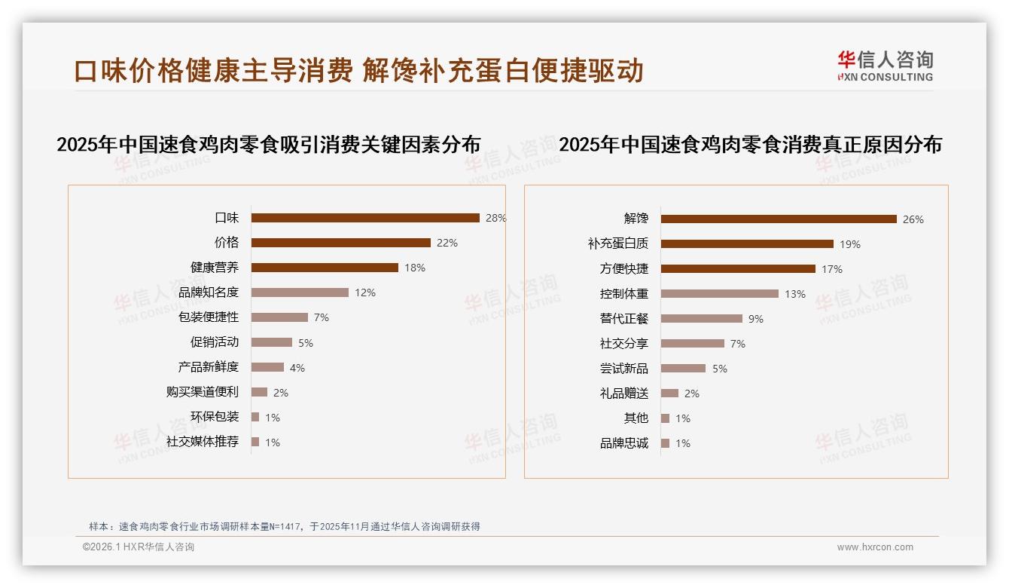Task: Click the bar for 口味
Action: point(365,218)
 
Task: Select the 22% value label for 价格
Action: point(447,243)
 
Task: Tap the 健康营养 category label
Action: point(215,268)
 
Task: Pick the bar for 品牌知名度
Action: point(300,292)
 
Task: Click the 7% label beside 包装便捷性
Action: point(322,317)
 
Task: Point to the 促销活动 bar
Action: point(272,342)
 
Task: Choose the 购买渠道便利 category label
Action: point(203,392)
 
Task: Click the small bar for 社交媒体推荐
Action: point(255,442)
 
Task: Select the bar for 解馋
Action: point(779,219)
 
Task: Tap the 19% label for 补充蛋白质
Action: point(850,244)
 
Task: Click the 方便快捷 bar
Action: point(738,269)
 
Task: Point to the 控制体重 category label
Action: point(624,294)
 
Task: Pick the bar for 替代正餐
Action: point(702,319)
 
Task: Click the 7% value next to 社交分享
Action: point(738,344)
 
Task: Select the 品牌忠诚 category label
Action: point(624,443)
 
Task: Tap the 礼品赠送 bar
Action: point(670,394)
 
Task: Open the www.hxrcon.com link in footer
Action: point(875,547)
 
